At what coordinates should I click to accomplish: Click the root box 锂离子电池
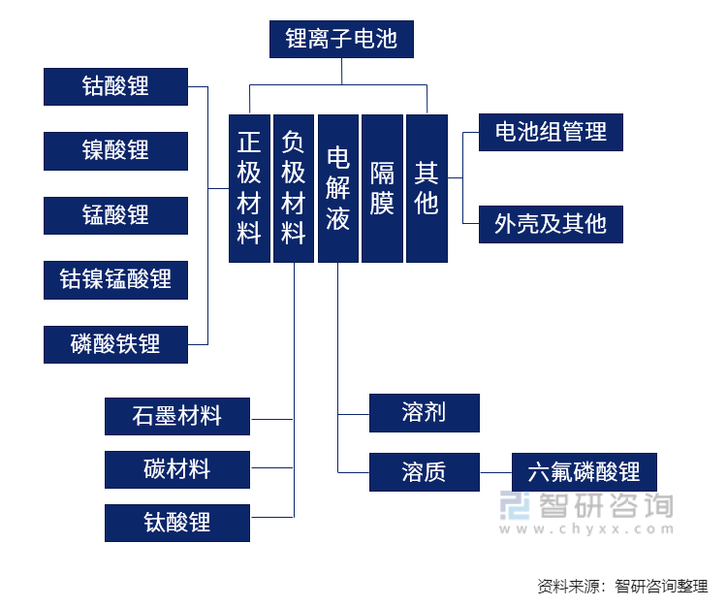click(341, 40)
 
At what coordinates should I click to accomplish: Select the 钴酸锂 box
click(115, 86)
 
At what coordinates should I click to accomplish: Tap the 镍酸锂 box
click(115, 150)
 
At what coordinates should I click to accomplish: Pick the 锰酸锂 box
click(115, 214)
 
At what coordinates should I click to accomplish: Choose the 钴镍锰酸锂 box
click(115, 280)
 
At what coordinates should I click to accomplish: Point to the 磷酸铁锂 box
click(115, 344)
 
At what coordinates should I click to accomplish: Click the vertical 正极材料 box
click(249, 188)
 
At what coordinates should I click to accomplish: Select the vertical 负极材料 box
click(294, 188)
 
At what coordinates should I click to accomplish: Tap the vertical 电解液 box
click(338, 188)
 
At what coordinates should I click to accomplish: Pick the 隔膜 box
click(382, 188)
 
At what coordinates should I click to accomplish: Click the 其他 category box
click(427, 188)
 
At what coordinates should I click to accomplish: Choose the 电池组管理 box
click(551, 132)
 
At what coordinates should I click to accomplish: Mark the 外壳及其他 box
click(551, 224)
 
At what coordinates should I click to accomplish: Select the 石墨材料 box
click(177, 417)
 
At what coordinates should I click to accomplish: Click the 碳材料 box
click(177, 470)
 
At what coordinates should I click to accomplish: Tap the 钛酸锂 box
click(177, 523)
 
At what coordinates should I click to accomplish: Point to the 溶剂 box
click(424, 413)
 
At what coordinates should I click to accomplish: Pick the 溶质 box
click(424, 472)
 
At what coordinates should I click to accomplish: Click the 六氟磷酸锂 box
click(584, 472)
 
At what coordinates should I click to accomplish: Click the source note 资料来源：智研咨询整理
click(622, 586)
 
